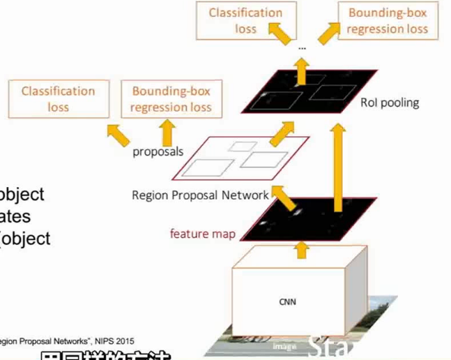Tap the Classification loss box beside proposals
pyautogui.click(x=58, y=99)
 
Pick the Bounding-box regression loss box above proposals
pyautogui.click(x=171, y=99)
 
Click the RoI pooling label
pyautogui.click(x=390, y=103)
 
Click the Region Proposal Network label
pyautogui.click(x=200, y=195)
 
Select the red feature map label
pyautogui.click(x=202, y=234)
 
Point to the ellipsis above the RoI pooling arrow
pyautogui.click(x=302, y=47)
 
